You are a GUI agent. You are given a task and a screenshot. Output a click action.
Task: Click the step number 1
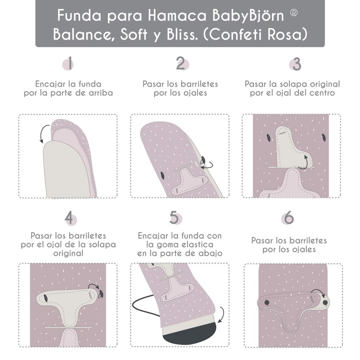(70, 64)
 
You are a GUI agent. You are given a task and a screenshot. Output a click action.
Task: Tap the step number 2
(180, 64)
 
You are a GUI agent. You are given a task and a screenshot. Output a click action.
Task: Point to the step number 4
(69, 218)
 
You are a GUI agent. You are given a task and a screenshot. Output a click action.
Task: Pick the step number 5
(174, 218)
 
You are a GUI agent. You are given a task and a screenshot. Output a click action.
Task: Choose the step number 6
(288, 218)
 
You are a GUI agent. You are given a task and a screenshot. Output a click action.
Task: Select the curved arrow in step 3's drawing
(307, 161)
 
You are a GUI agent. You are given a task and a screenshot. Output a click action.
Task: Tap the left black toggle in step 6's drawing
(267, 301)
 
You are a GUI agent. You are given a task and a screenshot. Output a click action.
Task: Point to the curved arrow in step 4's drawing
(95, 287)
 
